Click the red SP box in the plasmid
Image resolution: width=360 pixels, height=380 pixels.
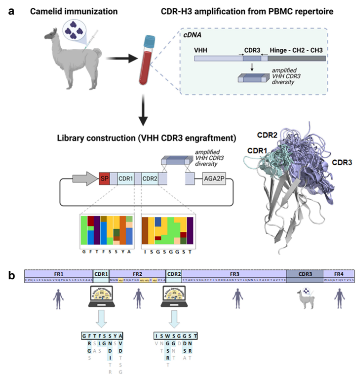point(104,179)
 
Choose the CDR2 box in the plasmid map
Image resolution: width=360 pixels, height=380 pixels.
point(150,179)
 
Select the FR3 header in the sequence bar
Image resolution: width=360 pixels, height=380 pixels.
point(234,273)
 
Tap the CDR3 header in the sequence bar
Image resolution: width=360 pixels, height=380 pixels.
point(305,273)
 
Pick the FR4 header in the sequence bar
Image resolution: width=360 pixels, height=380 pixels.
point(339,273)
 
